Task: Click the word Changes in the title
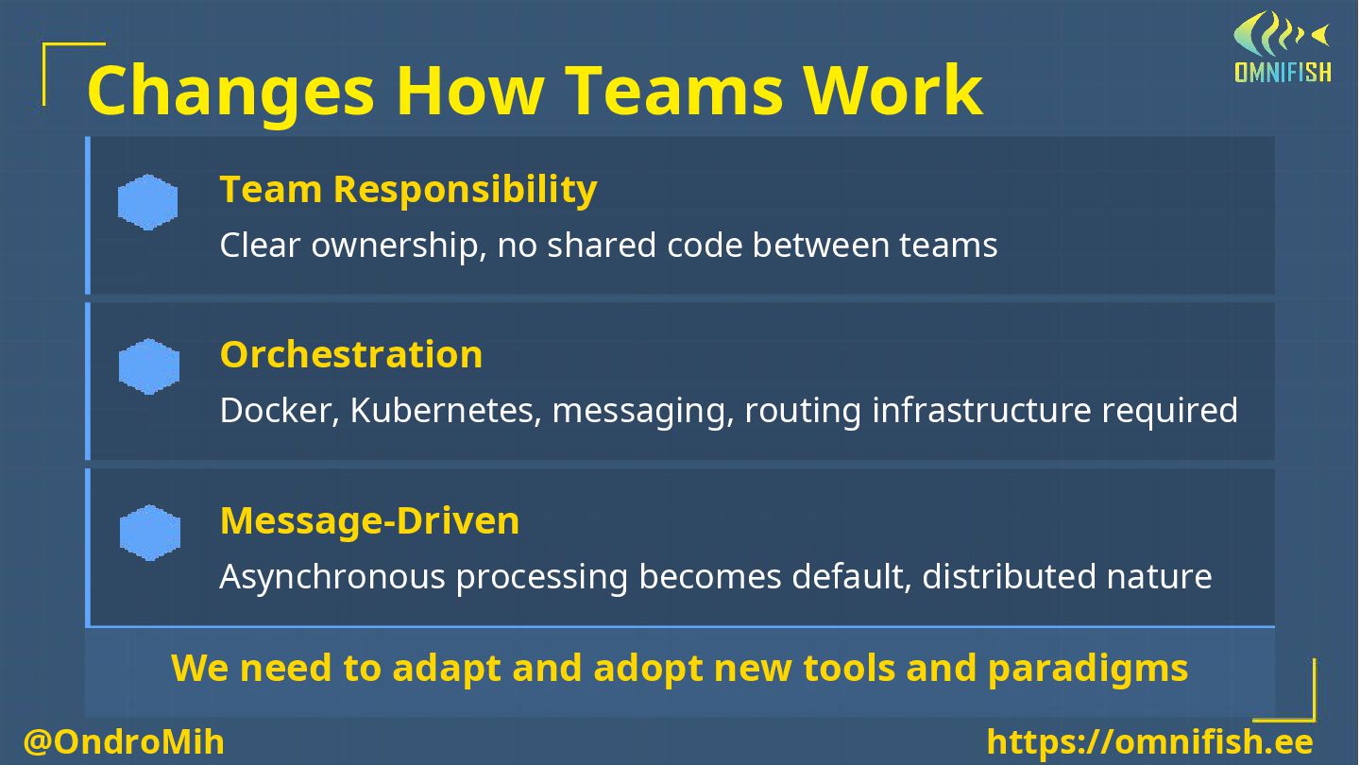[x=229, y=92]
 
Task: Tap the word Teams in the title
[x=674, y=92]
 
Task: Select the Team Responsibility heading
[x=408, y=189]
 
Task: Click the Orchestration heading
[x=350, y=354]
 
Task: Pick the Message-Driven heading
[x=369, y=520]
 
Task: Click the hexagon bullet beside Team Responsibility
[x=148, y=202]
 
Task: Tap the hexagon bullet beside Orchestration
[x=148, y=367]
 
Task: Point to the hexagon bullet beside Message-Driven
[x=149, y=533]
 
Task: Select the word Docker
[x=279, y=411]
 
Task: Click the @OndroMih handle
[x=124, y=742]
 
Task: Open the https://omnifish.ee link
[x=1149, y=742]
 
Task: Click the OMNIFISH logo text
[x=1283, y=72]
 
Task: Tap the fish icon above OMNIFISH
[x=1280, y=34]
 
